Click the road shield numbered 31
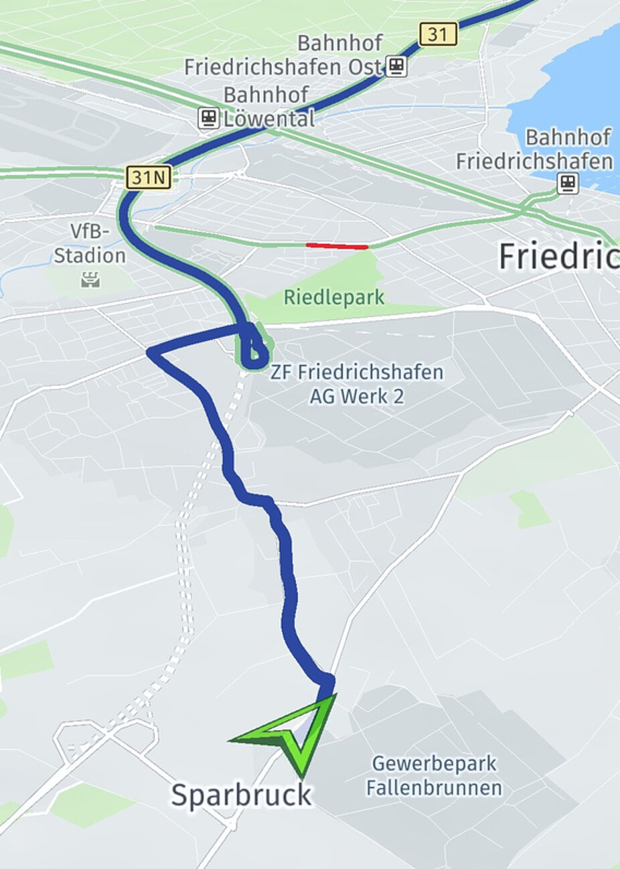439,34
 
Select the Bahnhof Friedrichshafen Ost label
283,56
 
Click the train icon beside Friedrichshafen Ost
396,66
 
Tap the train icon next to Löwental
209,119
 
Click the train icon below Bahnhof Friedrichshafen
568,183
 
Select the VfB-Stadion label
90,244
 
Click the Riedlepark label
334,297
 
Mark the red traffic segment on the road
337,246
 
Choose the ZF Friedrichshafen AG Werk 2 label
356,384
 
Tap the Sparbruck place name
241,795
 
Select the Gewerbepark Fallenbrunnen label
434,775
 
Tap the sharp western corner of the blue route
150,350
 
